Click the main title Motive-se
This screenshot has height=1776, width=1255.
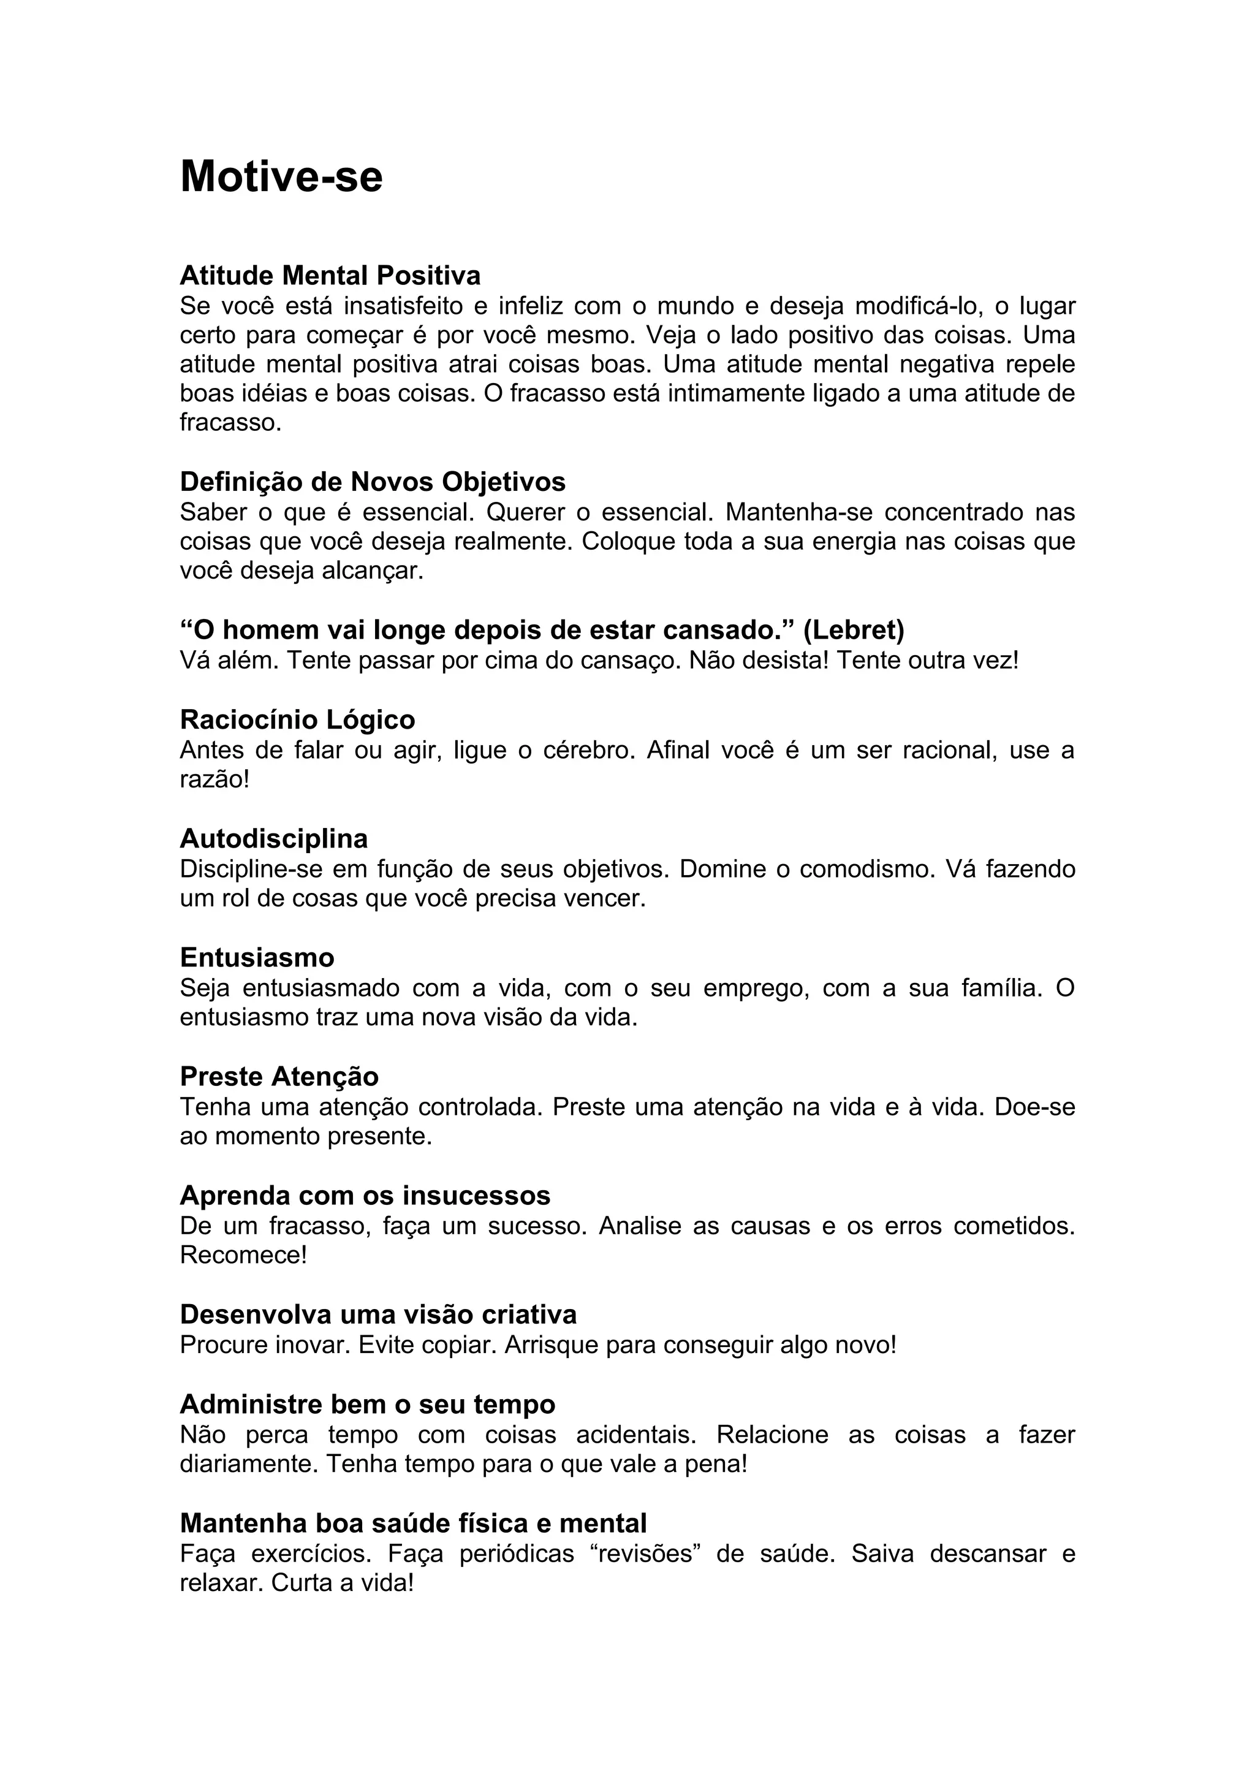[x=281, y=177]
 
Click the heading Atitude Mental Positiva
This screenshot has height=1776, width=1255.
[x=330, y=275]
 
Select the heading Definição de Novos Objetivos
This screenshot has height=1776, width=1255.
[x=373, y=482]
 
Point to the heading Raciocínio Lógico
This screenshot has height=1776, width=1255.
[x=298, y=720]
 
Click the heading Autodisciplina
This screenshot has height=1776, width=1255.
[x=274, y=838]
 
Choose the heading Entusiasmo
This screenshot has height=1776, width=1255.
[x=257, y=958]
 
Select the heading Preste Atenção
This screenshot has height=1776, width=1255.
[x=279, y=1077]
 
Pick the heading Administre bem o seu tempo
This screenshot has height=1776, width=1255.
[x=367, y=1404]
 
